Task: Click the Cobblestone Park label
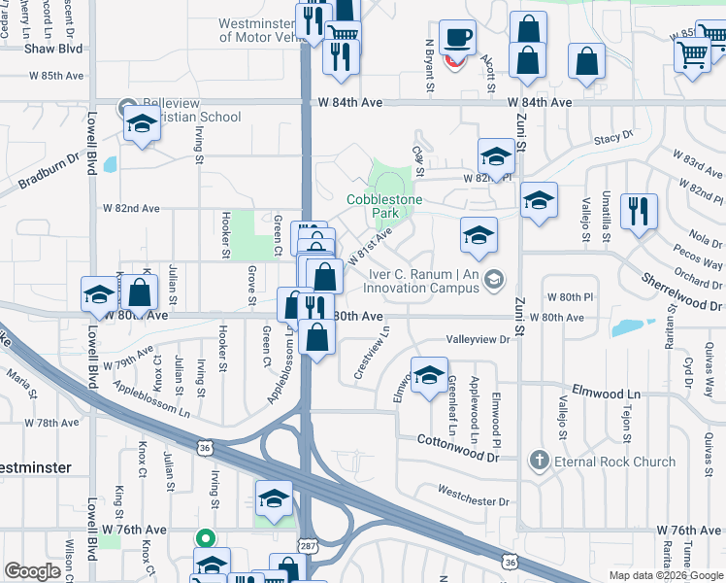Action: coord(386,205)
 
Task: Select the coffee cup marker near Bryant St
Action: coord(457,38)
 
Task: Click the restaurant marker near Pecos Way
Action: coord(639,212)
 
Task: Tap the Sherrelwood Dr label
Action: coord(682,291)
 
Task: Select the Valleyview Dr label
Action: coord(478,340)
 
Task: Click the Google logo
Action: coord(31,572)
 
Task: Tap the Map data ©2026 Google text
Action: coord(666,575)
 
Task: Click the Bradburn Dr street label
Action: coord(47,173)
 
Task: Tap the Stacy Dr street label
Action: coord(613,139)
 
